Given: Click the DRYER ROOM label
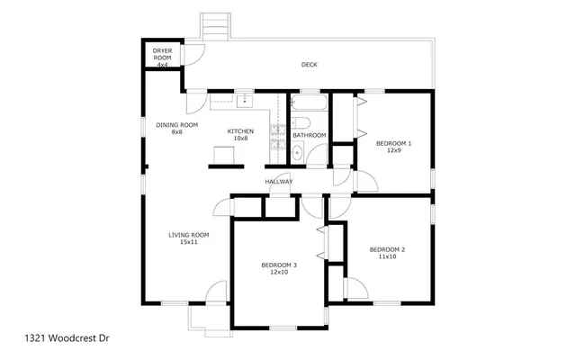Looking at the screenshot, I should coord(162,53).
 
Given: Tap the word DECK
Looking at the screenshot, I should coord(309,65).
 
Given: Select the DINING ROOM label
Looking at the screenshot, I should coord(176,125).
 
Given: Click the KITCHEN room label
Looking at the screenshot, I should coord(240,131).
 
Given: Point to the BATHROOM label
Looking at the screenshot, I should coord(309,136).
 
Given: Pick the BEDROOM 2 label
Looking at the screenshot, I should coord(387,249).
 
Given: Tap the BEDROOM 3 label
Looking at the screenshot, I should coord(279,265).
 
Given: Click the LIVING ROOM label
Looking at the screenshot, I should coord(188,235).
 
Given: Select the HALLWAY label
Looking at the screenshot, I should coord(279,183).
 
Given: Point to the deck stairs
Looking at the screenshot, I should coord(214,24).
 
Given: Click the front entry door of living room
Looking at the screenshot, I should coord(217,292).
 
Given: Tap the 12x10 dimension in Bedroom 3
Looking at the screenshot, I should coord(279,272).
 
